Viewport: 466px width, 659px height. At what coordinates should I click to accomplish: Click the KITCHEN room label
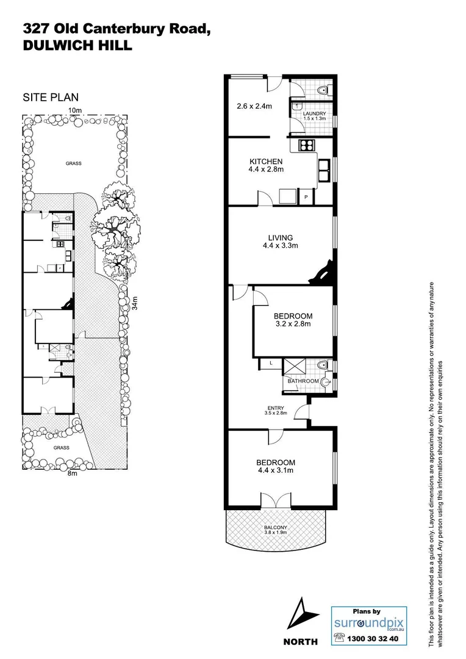(266, 161)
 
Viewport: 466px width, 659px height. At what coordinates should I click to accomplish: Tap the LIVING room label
(281, 237)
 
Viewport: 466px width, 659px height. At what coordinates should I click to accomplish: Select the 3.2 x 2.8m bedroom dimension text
(293, 324)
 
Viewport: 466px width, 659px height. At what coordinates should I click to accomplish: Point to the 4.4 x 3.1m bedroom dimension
(275, 470)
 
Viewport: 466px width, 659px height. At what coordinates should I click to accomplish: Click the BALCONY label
(276, 528)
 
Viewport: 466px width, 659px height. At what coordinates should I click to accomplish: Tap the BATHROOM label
(303, 381)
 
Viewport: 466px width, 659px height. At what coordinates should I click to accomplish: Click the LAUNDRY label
(315, 113)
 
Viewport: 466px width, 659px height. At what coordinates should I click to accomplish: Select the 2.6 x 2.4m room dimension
(254, 106)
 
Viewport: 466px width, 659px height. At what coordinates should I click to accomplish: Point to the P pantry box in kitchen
(307, 196)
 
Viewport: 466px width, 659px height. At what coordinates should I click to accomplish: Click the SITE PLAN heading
(51, 97)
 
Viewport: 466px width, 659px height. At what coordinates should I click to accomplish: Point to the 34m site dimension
(136, 303)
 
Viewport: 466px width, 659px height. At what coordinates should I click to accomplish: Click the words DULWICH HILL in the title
(77, 45)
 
